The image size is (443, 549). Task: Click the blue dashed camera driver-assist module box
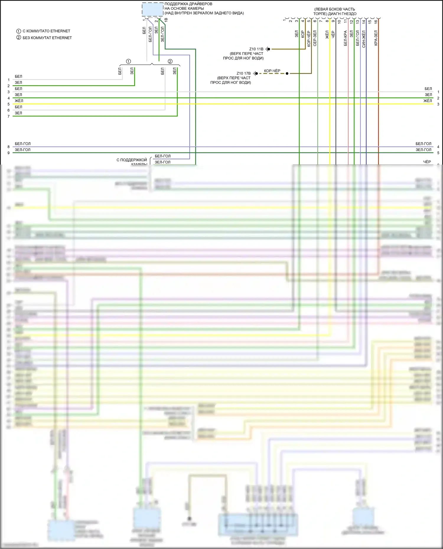point(152,9)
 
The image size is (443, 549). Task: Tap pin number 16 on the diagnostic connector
point(376,21)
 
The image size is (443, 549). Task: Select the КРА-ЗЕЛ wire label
point(376,38)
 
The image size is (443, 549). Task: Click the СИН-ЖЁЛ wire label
point(364,39)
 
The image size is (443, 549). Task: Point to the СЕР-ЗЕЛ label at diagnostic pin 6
point(315,38)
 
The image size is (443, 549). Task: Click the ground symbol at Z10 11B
point(268,49)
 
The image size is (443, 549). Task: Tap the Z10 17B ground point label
point(243,73)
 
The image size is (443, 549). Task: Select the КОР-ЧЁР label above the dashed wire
point(272,71)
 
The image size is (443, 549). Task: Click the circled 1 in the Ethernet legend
point(19,31)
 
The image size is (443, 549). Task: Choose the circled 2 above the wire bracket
point(170,61)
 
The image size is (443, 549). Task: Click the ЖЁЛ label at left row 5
point(19,101)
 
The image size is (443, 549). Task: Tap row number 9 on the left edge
point(9,153)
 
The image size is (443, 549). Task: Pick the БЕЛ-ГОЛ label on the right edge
point(423,144)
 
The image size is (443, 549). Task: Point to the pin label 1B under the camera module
point(166,20)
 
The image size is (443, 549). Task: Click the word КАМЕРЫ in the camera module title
point(196,9)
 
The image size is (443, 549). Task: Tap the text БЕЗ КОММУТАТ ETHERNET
point(47,38)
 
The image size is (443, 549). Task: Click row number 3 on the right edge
point(438,104)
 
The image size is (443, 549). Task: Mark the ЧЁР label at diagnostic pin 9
point(333,34)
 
